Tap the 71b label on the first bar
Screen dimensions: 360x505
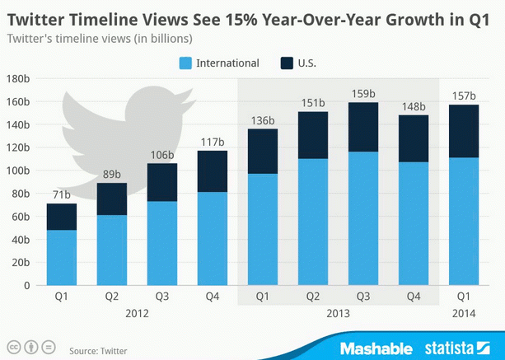62,194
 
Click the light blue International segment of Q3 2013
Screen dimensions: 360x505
362,218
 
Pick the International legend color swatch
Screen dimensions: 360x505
186,63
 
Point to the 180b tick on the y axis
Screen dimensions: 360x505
17,79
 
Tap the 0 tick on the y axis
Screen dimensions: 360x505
26,286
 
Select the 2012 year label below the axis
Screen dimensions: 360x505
137,314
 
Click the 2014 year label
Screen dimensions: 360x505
463,314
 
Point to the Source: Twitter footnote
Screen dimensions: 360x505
99,350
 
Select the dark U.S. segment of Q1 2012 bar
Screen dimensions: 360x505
62,217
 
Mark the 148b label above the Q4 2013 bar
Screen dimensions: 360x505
413,106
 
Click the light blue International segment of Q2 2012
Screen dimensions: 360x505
112,250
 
